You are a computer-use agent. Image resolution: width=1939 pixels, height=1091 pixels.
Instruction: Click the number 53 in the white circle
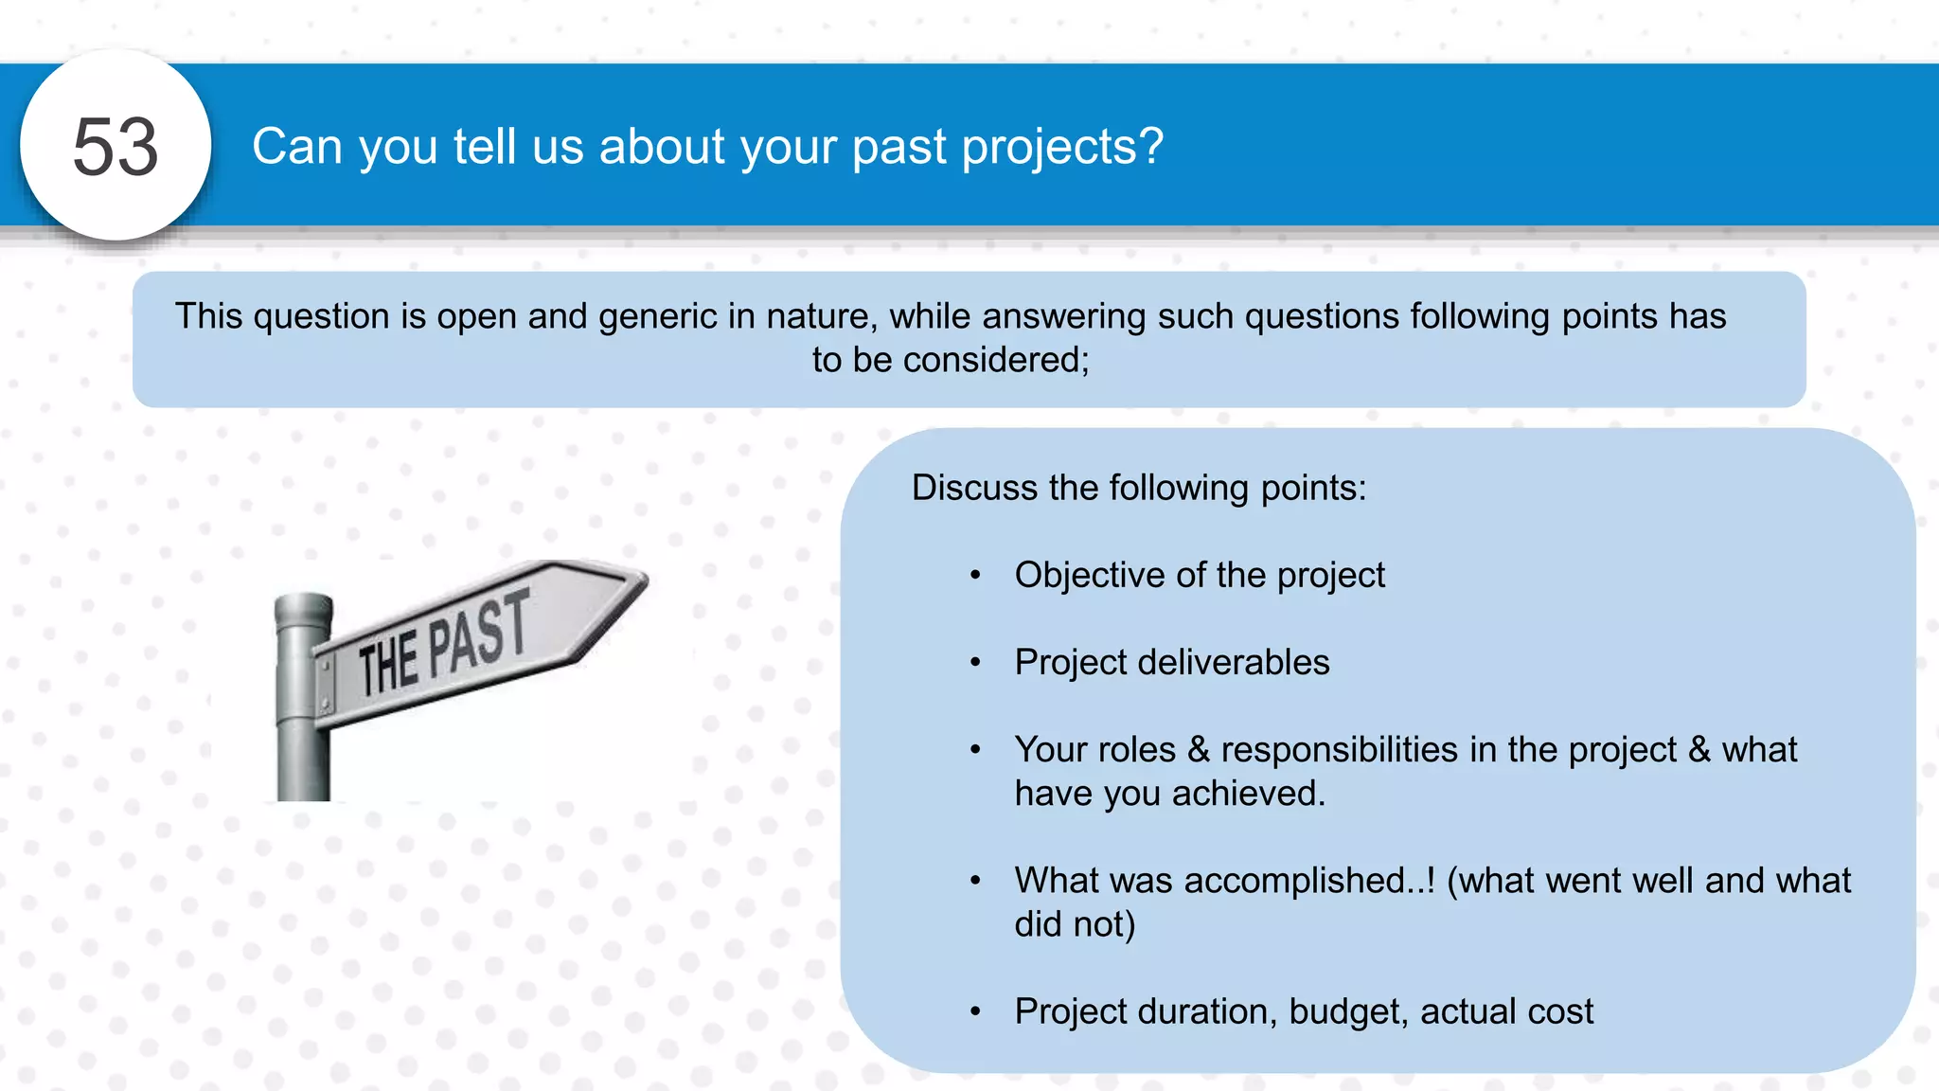pyautogui.click(x=116, y=147)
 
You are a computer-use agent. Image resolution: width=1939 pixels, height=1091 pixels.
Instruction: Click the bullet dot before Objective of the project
pyautogui.click(x=975, y=575)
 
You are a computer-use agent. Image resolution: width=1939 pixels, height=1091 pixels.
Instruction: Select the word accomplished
pyautogui.click(x=1308, y=881)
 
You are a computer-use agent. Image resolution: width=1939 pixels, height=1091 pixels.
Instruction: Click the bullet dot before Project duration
pyautogui.click(x=975, y=1011)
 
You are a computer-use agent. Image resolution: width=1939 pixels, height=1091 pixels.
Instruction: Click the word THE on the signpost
pyautogui.click(x=388, y=666)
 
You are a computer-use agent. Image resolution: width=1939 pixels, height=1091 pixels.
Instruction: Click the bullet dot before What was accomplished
pyautogui.click(x=975, y=881)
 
